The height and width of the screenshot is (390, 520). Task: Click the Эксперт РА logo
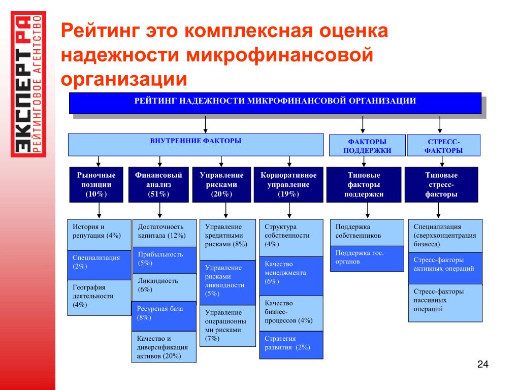[x=28, y=84]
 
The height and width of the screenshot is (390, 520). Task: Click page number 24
[x=482, y=364]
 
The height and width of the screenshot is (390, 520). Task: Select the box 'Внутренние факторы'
[x=196, y=145]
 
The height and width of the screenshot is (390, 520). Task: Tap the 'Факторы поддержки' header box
[x=367, y=145]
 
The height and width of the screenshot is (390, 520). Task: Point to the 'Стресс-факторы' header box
[x=443, y=145]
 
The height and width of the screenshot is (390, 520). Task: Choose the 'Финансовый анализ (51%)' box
[x=158, y=185]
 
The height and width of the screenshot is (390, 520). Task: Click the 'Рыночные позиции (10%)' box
[x=96, y=185]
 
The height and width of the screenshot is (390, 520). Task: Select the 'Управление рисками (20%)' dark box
[x=221, y=185]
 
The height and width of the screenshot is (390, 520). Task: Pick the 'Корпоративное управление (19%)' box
[x=288, y=185]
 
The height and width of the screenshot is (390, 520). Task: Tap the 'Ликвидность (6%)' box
[x=165, y=287]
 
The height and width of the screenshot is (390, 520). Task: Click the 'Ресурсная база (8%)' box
[x=164, y=316]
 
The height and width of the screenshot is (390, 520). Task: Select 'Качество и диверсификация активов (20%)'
[x=164, y=347]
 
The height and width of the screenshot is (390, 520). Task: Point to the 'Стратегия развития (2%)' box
[x=291, y=345]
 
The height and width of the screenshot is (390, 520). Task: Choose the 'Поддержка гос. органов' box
[x=367, y=258]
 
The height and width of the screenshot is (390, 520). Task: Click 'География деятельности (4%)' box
[x=99, y=298]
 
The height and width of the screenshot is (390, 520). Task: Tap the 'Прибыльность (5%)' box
[x=165, y=260]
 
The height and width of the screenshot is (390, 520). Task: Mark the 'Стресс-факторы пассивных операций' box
[x=445, y=303]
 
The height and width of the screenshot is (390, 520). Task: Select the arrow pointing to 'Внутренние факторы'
[x=206, y=125]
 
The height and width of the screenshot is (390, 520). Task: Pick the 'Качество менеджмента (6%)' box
[x=291, y=276]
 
